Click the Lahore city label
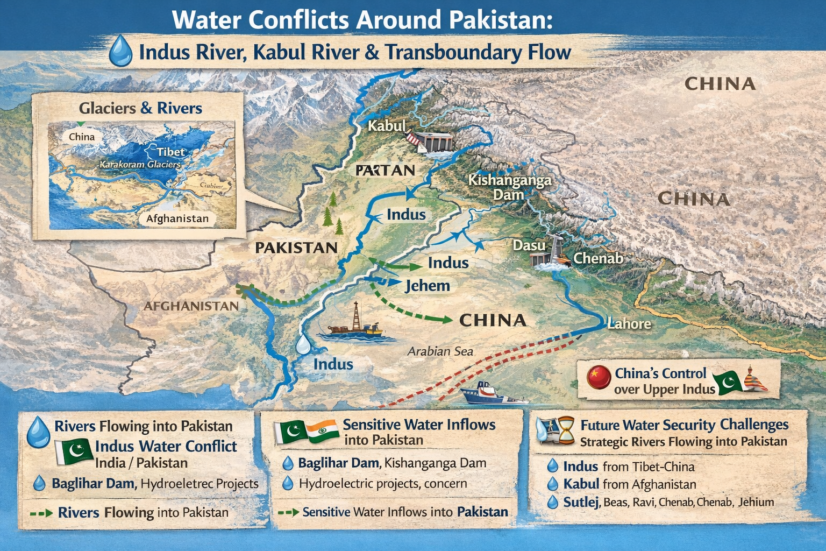tap(629, 324)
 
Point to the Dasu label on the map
tap(529, 245)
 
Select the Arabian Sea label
tap(440, 351)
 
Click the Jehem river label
tap(427, 285)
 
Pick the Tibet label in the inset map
tap(171, 152)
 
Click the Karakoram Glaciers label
tap(140, 164)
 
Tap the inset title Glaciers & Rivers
tap(140, 108)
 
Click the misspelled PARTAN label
tap(385, 171)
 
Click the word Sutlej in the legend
tap(581, 502)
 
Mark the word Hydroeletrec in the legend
tap(177, 483)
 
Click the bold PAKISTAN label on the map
tap(296, 248)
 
